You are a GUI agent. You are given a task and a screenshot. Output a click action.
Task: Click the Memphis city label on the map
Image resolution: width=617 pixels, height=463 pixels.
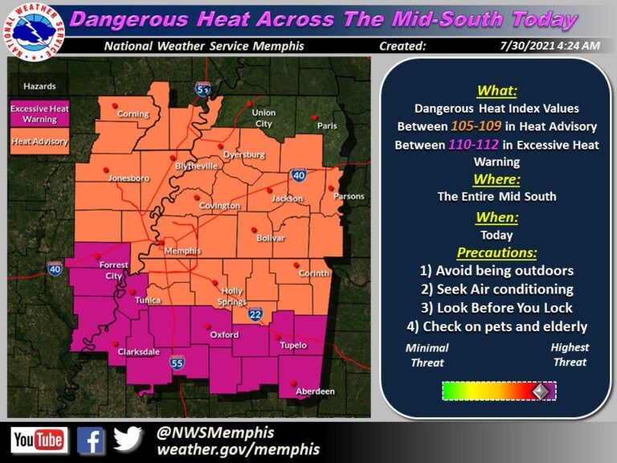pos(182,251)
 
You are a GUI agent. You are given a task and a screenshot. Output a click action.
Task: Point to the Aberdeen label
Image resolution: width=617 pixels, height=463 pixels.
pos(316,391)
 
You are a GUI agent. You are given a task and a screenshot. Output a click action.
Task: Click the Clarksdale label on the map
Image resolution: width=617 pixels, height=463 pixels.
pos(137,352)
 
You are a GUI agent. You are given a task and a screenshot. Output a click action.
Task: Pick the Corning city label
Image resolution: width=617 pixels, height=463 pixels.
pos(133,114)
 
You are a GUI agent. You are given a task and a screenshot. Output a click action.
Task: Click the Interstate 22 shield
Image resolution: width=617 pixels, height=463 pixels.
pos(255,313)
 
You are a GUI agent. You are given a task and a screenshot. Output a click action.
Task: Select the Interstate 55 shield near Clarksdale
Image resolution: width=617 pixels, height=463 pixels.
pos(176,364)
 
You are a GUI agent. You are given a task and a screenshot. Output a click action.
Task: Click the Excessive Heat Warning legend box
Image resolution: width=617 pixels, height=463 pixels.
pos(39,114)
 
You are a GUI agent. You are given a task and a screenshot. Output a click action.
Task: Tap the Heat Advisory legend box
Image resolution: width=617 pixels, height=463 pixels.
pos(39,141)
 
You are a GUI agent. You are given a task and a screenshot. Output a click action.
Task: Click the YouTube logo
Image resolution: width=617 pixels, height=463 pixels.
pos(39,440)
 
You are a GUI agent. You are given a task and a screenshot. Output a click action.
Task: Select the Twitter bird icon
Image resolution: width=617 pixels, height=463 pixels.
pos(128,439)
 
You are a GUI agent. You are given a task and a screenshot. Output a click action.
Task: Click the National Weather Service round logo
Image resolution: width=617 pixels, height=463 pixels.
pos(34,28)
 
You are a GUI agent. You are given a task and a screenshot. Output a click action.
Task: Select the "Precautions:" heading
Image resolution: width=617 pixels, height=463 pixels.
pos(497,252)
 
